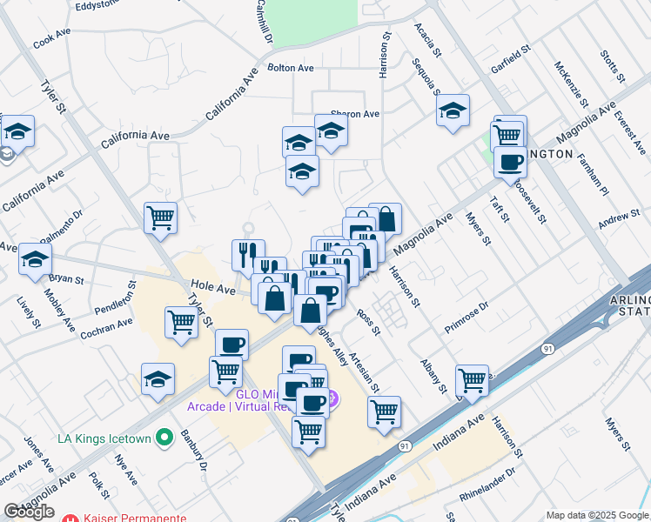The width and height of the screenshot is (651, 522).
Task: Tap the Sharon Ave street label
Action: click(354, 114)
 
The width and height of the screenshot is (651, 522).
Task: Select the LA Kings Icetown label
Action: click(107, 438)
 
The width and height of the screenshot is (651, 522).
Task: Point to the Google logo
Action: click(29, 512)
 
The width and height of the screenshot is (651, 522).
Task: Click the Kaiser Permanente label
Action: click(135, 518)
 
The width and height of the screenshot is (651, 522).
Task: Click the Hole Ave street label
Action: click(214, 288)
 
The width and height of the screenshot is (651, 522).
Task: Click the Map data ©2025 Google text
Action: click(596, 515)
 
